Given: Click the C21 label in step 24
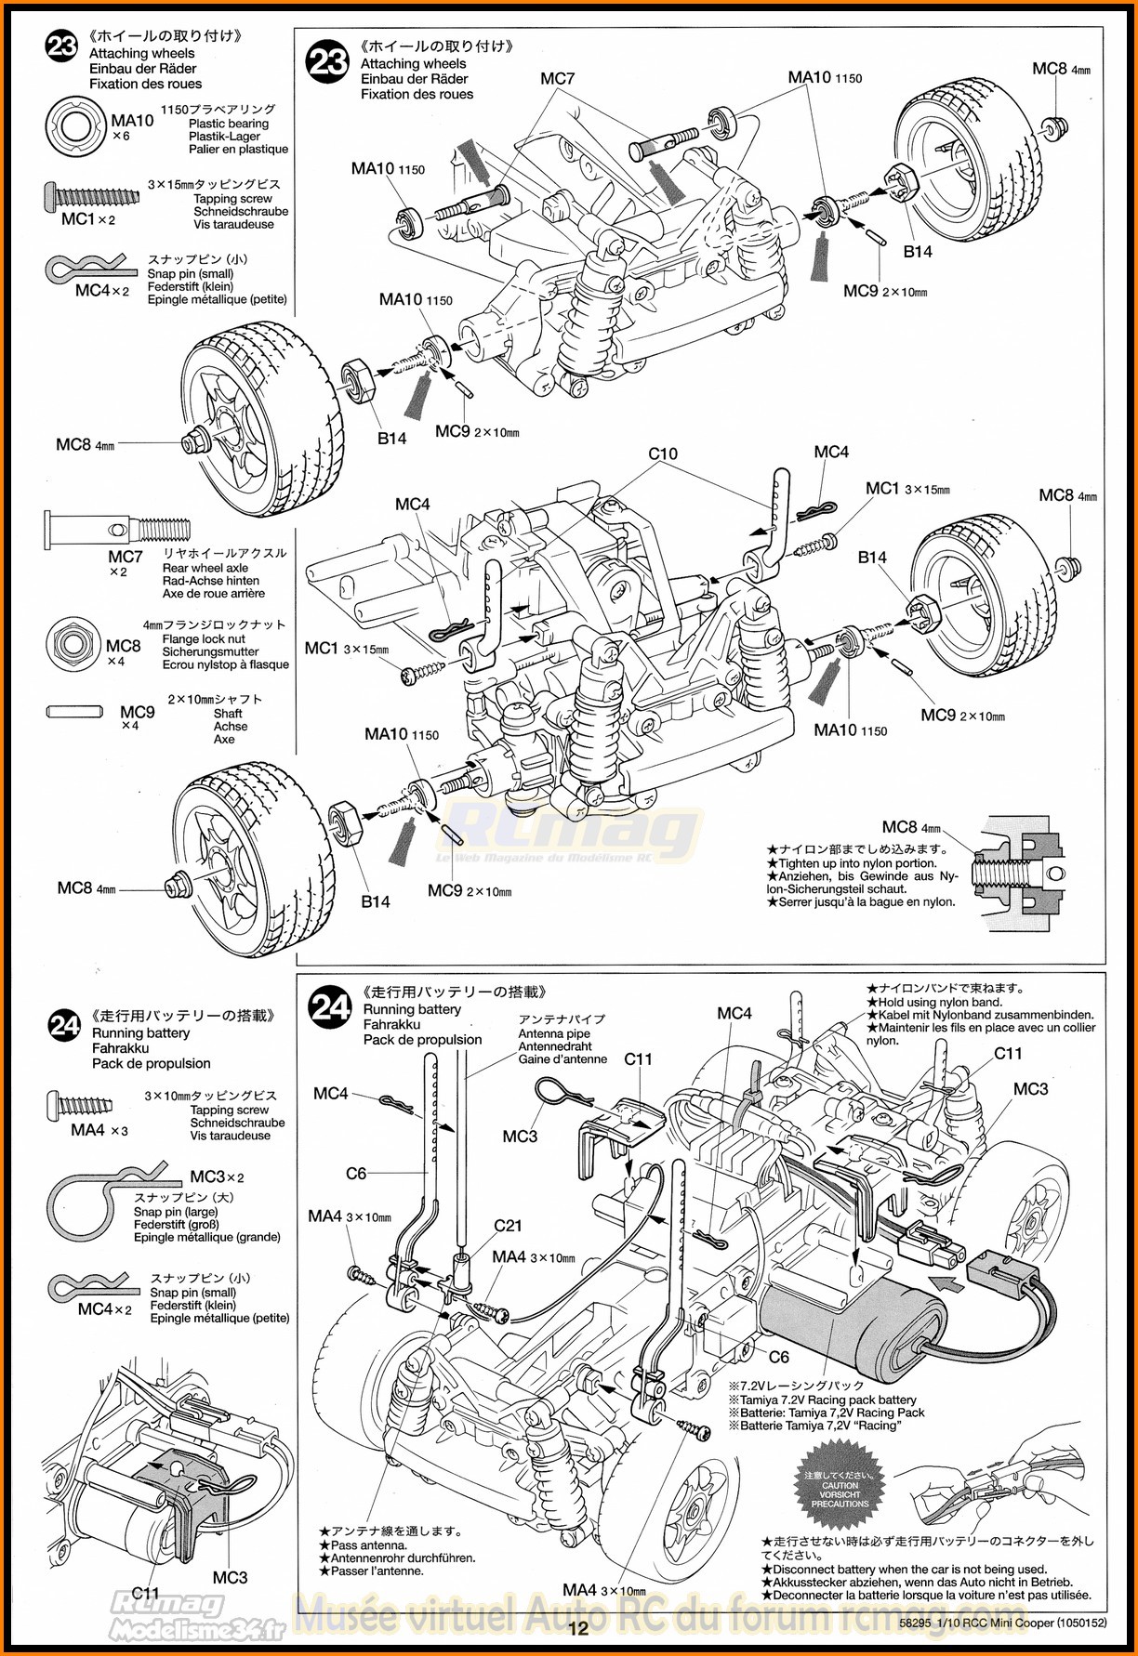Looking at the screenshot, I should pos(509,1226).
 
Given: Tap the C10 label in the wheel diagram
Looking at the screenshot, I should pos(663,453).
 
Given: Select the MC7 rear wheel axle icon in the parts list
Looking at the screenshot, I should pos(116,528).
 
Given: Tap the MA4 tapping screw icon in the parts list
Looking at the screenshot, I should pos(87,1106).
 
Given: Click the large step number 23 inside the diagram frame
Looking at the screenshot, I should pos(329,63).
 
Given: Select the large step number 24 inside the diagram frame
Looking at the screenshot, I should pos(331,1010).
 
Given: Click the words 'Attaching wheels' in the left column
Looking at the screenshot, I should pos(142,54).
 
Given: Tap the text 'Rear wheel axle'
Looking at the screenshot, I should pos(205,568).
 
